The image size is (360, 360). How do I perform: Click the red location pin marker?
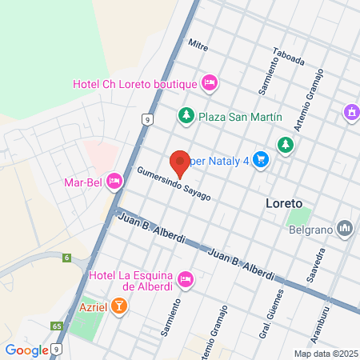[180, 162]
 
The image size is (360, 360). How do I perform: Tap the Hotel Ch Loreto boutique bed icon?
[210, 82]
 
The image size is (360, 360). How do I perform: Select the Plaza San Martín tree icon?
[186, 116]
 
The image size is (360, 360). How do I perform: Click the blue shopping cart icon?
[260, 159]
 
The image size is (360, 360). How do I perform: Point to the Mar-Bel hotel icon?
[114, 182]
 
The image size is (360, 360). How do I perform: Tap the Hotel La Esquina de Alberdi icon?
[186, 278]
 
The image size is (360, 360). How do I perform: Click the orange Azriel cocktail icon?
[118, 305]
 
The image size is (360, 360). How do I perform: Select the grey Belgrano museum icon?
[345, 228]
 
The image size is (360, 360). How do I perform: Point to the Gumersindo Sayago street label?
[174, 184]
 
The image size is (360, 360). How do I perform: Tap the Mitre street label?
[198, 45]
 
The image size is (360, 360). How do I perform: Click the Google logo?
[26, 350]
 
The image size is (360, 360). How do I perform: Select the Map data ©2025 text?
[324, 354]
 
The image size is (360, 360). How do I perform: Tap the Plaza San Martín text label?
[241, 116]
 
